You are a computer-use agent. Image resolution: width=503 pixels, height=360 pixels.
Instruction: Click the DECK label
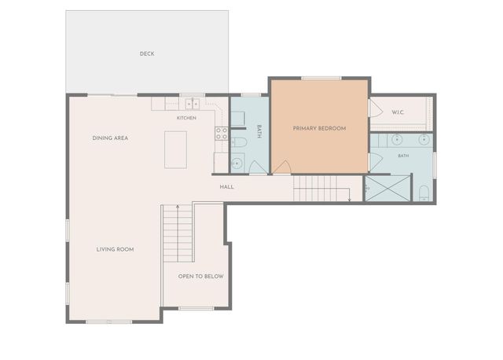[147, 54]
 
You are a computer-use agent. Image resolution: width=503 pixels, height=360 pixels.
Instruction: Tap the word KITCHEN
[186, 118]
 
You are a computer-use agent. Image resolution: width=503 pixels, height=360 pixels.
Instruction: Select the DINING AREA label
[110, 138]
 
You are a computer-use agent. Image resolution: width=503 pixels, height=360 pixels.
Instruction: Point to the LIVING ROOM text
[116, 249]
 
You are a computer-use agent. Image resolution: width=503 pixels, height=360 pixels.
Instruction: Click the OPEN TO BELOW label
[201, 276]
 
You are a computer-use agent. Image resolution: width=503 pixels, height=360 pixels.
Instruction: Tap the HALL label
[227, 187]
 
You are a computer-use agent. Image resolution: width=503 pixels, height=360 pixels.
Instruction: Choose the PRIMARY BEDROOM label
[320, 128]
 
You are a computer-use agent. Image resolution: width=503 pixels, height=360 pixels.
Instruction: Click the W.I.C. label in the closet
[398, 112]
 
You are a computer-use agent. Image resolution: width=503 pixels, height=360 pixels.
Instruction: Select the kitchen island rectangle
[175, 149]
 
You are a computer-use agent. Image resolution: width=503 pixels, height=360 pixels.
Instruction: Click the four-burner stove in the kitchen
[222, 134]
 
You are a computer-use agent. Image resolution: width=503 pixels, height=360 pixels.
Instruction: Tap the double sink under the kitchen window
[192, 104]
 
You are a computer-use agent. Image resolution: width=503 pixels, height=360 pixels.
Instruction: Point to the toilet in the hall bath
[238, 142]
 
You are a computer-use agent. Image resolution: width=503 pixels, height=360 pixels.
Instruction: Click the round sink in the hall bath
[237, 163]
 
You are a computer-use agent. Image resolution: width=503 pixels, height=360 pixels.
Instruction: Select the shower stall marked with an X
[387, 189]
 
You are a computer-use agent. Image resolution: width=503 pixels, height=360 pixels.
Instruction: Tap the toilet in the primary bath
[424, 193]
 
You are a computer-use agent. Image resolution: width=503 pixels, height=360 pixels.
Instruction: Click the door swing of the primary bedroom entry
[282, 167]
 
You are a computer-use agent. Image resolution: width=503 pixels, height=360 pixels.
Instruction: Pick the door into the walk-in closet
[376, 108]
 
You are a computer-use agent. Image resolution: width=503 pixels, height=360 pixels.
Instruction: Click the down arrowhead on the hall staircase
[349, 200]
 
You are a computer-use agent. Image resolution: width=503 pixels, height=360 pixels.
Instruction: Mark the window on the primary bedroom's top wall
[321, 78]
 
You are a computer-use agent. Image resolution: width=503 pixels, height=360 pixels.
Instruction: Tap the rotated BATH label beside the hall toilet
[259, 131]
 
